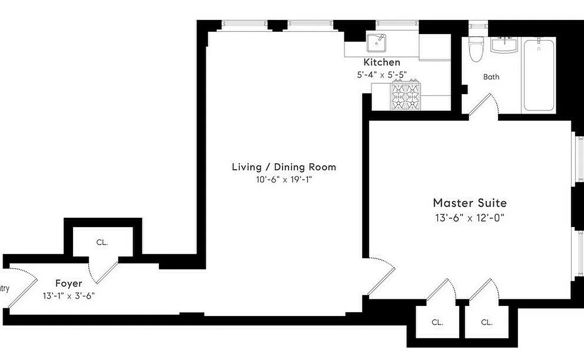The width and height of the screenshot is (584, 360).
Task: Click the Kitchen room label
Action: click(381, 63)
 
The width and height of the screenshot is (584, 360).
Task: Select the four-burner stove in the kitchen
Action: click(406, 95)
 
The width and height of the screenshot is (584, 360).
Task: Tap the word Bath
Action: click(491, 77)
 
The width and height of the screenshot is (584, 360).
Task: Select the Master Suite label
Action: click(470, 203)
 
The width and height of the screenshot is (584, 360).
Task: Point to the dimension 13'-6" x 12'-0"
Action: click(470, 218)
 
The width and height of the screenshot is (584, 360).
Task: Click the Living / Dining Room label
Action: click(284, 167)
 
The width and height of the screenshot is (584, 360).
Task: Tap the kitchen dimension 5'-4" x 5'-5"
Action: click(382, 75)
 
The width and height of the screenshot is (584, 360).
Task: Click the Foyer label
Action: click(68, 283)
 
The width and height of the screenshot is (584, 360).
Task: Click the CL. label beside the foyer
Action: click(102, 243)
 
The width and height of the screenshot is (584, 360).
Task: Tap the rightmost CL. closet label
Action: click(486, 322)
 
